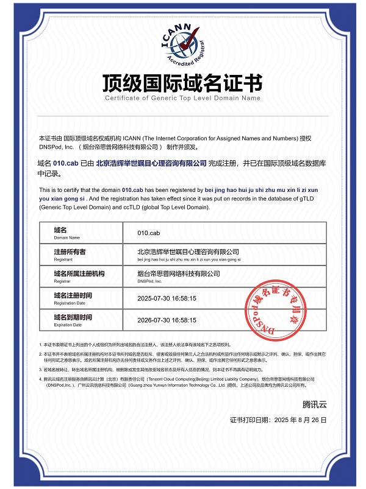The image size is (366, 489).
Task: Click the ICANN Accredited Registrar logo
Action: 182,46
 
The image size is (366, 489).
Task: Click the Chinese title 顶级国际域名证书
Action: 182,82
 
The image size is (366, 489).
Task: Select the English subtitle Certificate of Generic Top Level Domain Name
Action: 182,97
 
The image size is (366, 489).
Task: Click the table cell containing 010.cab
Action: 149,233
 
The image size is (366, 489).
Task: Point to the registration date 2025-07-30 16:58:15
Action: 167,298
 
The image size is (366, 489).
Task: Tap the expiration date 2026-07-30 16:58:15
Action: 167,320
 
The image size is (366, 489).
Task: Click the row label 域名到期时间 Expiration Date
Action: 73,320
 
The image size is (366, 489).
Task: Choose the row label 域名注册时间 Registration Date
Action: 73,298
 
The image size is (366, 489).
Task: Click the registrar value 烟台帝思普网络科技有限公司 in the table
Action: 179,274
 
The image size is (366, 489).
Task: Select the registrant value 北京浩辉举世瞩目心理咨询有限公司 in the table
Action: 188,252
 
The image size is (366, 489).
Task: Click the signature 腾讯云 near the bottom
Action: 315,404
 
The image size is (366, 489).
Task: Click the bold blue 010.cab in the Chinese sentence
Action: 66,163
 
